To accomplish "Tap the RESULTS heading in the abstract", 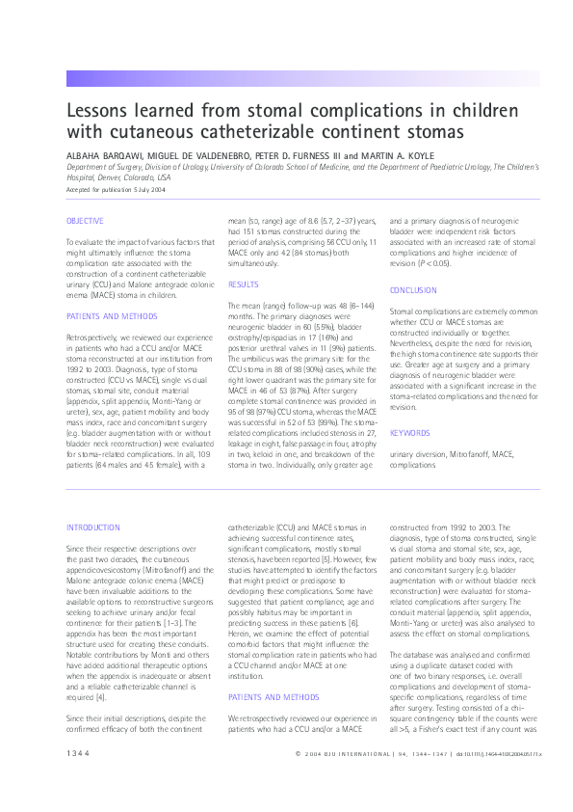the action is (x=243, y=285).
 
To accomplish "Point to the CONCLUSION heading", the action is (x=413, y=290).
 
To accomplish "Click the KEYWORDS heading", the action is (x=409, y=433).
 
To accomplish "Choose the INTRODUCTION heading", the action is (x=93, y=528).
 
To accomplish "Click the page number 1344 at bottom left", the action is (x=78, y=779).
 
